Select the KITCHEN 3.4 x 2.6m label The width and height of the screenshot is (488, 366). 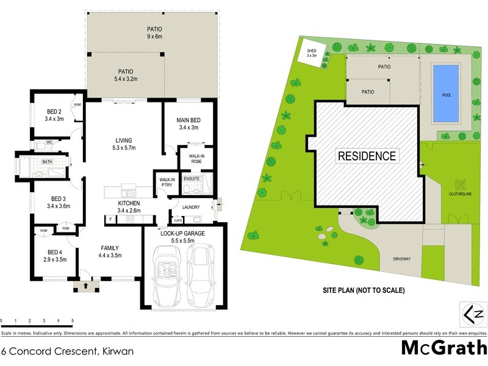(x=129, y=207)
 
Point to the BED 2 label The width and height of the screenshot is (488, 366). (x=54, y=115)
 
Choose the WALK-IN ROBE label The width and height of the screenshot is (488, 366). (x=196, y=160)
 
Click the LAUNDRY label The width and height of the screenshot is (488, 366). (x=191, y=207)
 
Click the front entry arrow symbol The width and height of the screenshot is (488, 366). (x=85, y=284)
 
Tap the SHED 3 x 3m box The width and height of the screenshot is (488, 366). (x=312, y=52)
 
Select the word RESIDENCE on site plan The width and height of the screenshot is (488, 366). (x=367, y=156)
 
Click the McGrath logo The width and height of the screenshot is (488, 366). (x=443, y=348)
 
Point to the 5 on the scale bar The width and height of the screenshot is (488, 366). (x=73, y=320)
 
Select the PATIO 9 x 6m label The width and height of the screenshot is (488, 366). (x=154, y=32)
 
